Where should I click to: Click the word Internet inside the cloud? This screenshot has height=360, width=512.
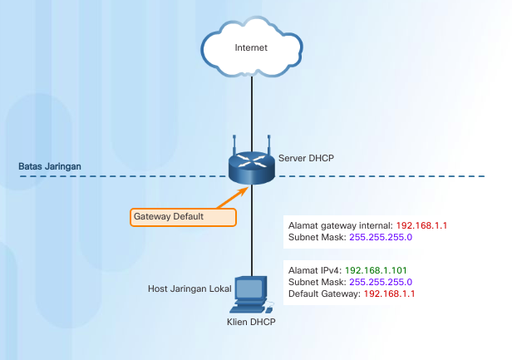pyautogui.click(x=251, y=47)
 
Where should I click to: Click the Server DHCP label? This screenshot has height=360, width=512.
pyautogui.click(x=307, y=158)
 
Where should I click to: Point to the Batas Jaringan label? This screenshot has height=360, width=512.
pyautogui.click(x=50, y=166)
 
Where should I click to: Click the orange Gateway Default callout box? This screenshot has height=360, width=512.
pyautogui.click(x=182, y=216)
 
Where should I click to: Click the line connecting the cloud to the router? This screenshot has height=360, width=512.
pyautogui.click(x=251, y=108)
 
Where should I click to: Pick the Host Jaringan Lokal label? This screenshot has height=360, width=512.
pyautogui.click(x=190, y=288)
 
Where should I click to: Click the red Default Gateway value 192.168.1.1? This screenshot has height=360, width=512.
pyautogui.click(x=388, y=293)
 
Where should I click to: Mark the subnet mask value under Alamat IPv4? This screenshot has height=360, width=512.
pyautogui.click(x=379, y=282)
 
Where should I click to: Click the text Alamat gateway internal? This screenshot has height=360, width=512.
pyautogui.click(x=340, y=225)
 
